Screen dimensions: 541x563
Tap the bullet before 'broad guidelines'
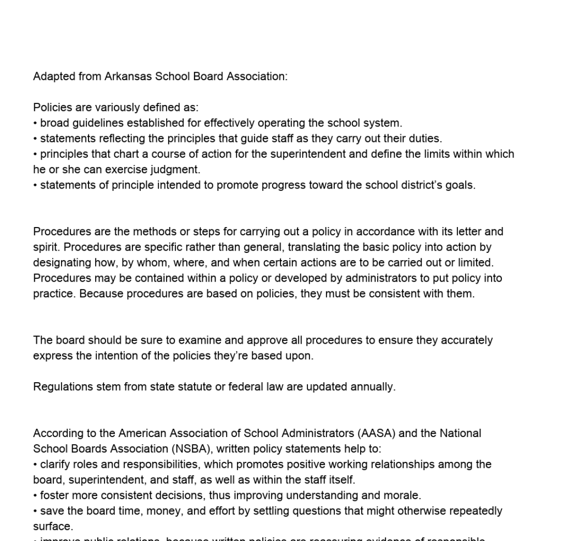coord(35,123)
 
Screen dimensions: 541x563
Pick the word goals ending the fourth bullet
coord(461,185)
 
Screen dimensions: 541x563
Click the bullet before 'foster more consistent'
coord(35,495)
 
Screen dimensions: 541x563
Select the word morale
coord(404,495)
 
